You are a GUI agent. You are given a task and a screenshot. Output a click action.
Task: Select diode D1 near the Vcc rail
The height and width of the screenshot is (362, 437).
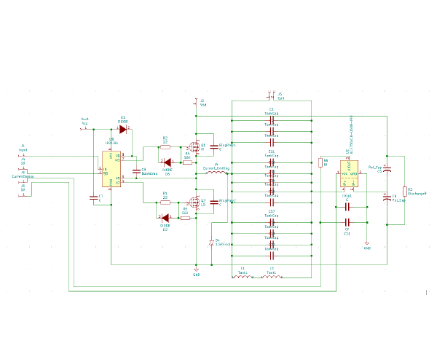tap(123, 129)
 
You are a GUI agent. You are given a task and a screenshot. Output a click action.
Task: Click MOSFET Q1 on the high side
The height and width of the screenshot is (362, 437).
tap(195, 146)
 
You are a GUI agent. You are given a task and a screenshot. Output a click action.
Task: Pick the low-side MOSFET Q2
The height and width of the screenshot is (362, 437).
tap(195, 202)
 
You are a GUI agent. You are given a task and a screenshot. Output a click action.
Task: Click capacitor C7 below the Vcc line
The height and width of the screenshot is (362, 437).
tap(92, 197)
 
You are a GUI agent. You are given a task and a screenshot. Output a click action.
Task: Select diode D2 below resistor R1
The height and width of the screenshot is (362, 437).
tap(165, 217)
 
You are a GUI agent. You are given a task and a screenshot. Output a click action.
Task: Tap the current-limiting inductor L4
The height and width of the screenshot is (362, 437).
tap(216, 173)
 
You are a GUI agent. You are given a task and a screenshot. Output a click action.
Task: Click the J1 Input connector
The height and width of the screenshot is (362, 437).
tap(23, 155)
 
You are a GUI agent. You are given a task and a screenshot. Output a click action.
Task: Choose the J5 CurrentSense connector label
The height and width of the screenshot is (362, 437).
tap(23, 176)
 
